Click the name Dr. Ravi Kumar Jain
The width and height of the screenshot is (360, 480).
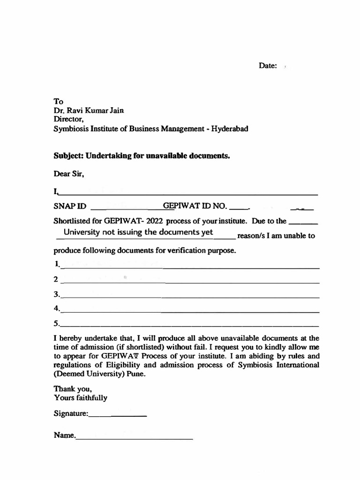coord(89,111)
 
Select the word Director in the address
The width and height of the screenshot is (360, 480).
coord(68,120)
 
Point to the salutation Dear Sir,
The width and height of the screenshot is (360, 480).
coord(69,174)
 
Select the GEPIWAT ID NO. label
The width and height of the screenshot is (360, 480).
coord(195,206)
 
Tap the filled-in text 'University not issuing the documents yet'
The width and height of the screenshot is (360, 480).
coord(138,232)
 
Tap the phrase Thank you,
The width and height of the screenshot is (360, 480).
coord(69,389)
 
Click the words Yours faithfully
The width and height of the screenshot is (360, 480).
coord(80,398)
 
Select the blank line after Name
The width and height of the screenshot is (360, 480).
coord(134,438)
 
